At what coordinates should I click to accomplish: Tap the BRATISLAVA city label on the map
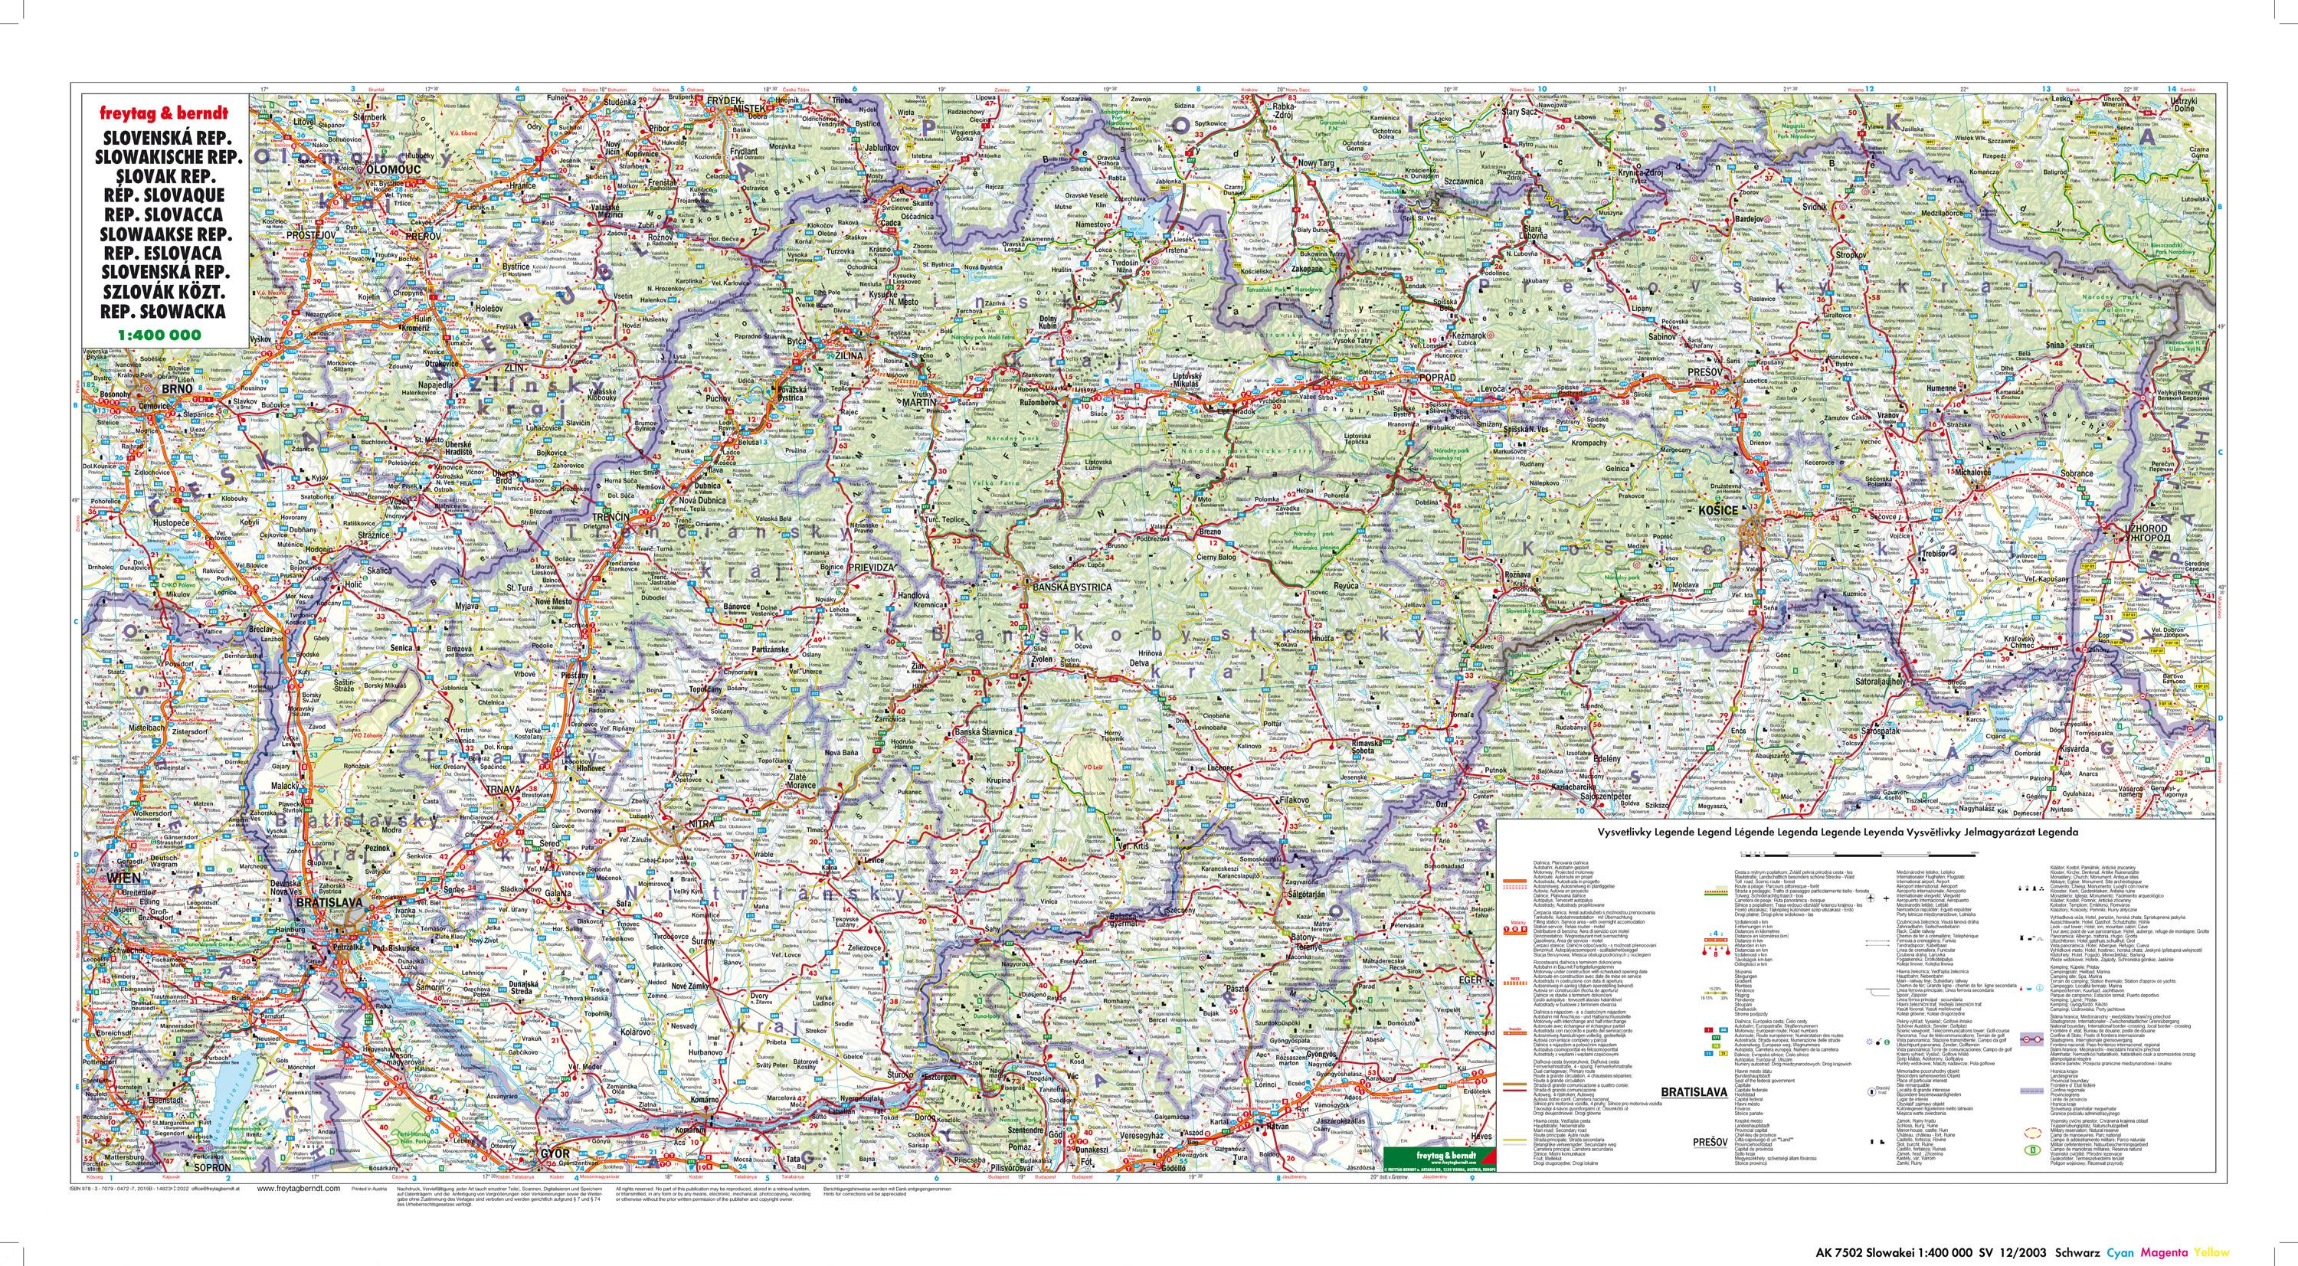click(x=329, y=903)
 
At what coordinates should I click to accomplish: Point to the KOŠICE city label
click(x=1718, y=509)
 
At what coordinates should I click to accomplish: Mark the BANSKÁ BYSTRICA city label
click(x=1071, y=588)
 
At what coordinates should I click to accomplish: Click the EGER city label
click(x=1470, y=980)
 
